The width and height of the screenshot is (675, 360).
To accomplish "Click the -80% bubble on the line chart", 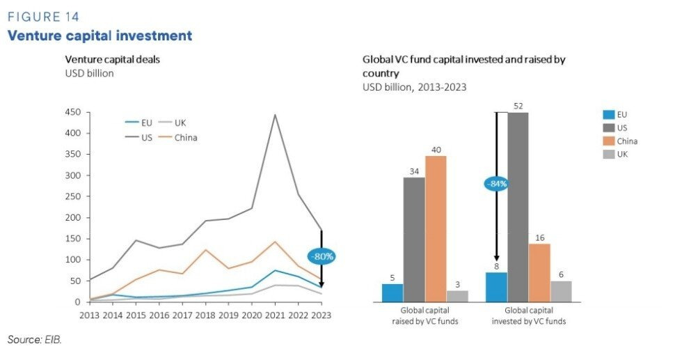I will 321,256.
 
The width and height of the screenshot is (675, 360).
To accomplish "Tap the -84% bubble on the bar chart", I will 496,185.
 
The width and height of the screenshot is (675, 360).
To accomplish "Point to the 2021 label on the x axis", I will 275,314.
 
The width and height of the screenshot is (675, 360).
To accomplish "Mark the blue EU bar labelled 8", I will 496,287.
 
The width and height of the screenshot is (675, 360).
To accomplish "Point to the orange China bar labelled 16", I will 539,272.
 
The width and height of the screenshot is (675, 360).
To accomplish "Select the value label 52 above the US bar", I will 518,106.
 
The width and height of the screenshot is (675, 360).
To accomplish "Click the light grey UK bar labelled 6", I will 561,291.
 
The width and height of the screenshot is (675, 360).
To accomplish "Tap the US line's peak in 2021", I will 275,115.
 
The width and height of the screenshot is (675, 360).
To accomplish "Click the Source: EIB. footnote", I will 35,339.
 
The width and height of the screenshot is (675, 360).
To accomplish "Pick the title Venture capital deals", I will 112,59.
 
